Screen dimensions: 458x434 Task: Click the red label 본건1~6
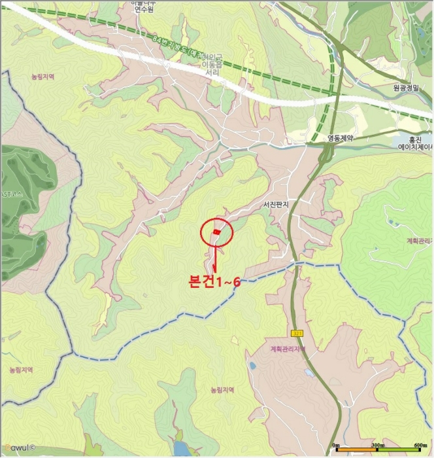point(214,282)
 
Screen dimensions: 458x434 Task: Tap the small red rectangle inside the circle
point(217,231)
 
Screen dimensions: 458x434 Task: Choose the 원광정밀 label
point(405,86)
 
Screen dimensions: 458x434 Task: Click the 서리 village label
point(212,73)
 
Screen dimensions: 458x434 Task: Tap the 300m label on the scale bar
point(377,446)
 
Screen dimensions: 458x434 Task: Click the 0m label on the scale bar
point(336,446)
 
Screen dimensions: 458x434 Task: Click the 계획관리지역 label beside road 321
point(288,349)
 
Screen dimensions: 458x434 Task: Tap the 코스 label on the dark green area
point(11,194)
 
